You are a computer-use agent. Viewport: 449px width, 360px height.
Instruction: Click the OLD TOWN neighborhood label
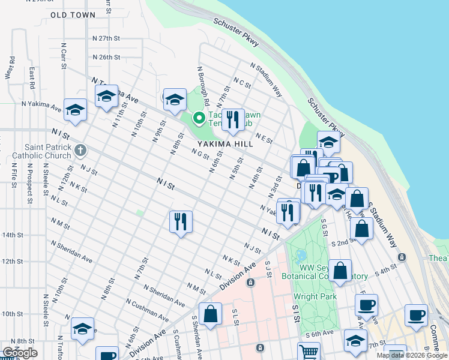[x=73, y=14]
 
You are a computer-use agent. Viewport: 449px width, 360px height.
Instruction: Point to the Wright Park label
[x=315, y=296]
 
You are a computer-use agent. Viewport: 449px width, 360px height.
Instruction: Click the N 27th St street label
[x=107, y=38]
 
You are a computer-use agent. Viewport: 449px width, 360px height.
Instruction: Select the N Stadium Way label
[x=267, y=80]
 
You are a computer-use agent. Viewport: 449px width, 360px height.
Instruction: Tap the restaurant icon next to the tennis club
[x=233, y=119]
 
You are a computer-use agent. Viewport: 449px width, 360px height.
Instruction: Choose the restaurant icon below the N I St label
[x=180, y=221]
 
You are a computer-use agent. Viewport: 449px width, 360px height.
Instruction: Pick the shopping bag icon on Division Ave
[x=210, y=314]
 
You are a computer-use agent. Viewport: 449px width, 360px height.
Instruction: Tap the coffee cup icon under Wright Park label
[x=366, y=305]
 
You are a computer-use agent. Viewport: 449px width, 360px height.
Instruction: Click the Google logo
[x=20, y=353]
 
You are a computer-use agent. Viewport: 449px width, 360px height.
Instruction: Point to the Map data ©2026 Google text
[x=412, y=356]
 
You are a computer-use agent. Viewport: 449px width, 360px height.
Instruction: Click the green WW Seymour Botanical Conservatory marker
[x=301, y=256]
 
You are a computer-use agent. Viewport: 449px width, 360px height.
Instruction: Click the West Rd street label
[x=10, y=68]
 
